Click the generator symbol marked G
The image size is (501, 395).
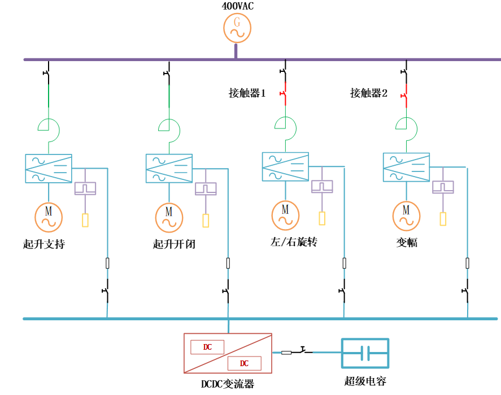point(237,28)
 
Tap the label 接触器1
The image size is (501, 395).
point(247,93)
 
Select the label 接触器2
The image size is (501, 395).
point(369,93)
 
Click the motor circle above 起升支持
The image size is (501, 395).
point(49,215)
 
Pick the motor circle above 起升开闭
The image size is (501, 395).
point(169,216)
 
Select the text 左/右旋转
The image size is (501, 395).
point(294,242)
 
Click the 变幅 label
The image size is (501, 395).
point(407,243)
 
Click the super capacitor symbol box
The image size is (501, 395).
point(365,353)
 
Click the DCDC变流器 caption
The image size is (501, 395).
point(228,384)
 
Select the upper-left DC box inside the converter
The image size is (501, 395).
point(207,347)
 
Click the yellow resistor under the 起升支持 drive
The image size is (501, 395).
point(85,220)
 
